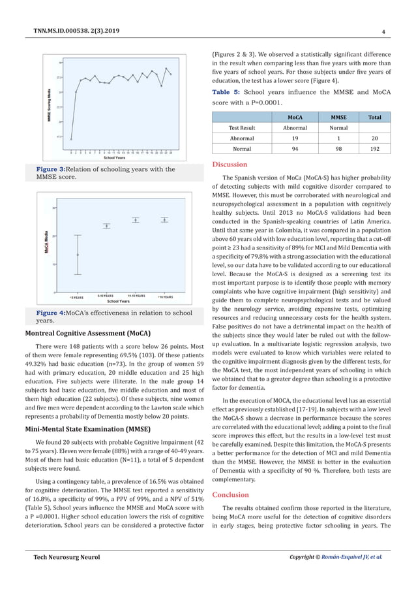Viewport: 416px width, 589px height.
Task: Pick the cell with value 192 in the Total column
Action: [x=375, y=149]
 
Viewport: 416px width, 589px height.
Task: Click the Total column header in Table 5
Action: [x=375, y=117]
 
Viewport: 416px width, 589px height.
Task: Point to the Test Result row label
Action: [x=241, y=128]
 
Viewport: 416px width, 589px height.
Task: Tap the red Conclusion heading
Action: [x=232, y=494]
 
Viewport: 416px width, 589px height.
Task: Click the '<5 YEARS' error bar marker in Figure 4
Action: [x=78, y=255]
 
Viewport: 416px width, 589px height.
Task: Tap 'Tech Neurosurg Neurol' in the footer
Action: [x=62, y=558]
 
